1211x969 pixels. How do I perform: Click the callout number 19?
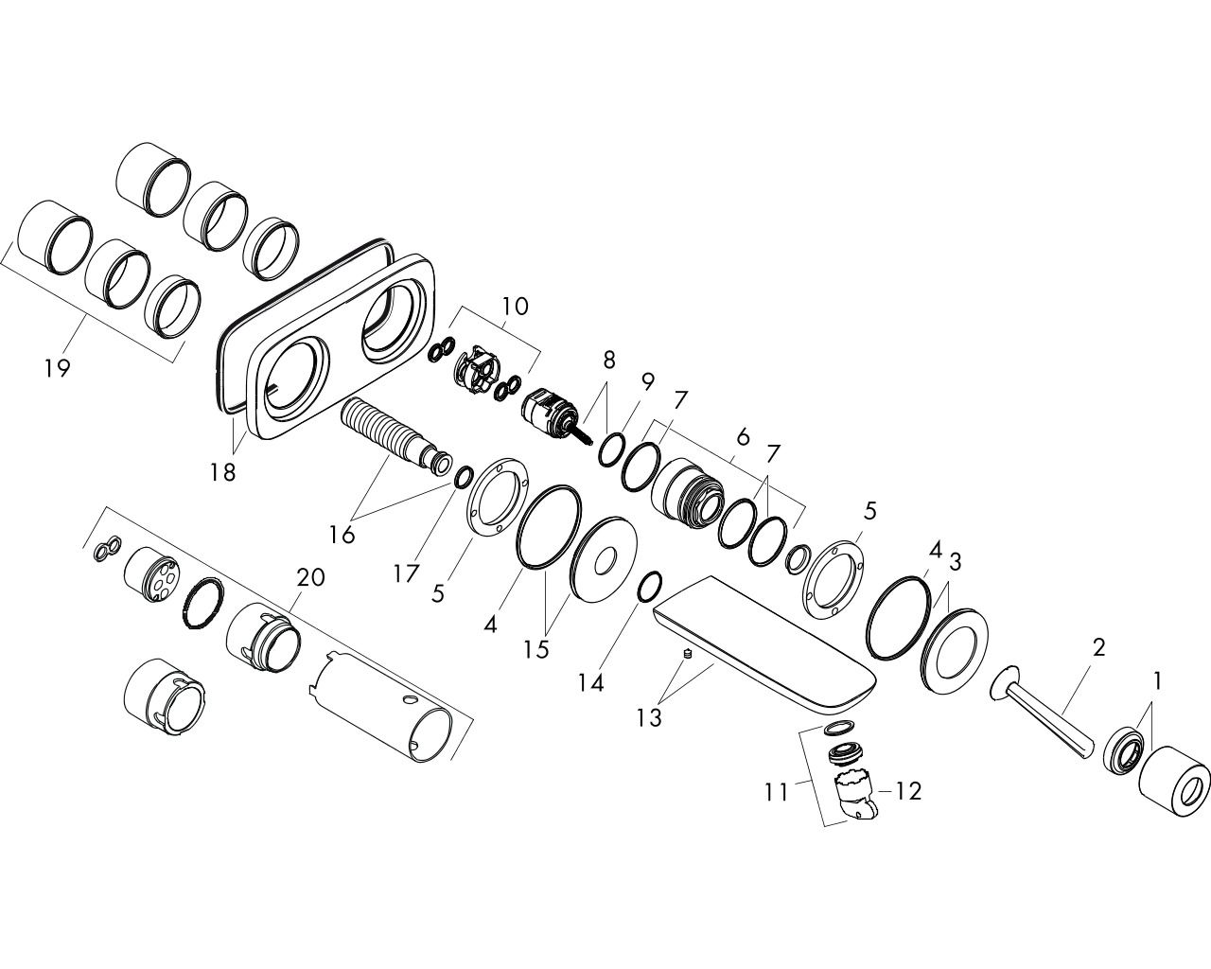[x=58, y=368]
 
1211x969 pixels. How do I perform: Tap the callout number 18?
[x=222, y=472]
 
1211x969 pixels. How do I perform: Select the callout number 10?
[x=515, y=307]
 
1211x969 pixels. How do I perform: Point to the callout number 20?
[x=310, y=577]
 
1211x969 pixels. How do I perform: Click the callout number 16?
[x=342, y=535]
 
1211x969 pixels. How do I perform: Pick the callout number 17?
[x=406, y=573]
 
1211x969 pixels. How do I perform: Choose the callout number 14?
[x=591, y=683]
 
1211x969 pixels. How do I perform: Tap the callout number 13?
[x=649, y=718]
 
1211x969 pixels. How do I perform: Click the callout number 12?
[x=907, y=792]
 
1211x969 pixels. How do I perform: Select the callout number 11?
[x=776, y=793]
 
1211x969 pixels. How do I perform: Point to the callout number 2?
[x=1098, y=647]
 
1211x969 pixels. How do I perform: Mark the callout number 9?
[x=647, y=382]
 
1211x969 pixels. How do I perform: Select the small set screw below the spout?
[x=687, y=654]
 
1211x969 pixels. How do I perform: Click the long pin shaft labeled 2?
[x=1042, y=713]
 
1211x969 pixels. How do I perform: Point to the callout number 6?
[x=743, y=437]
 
